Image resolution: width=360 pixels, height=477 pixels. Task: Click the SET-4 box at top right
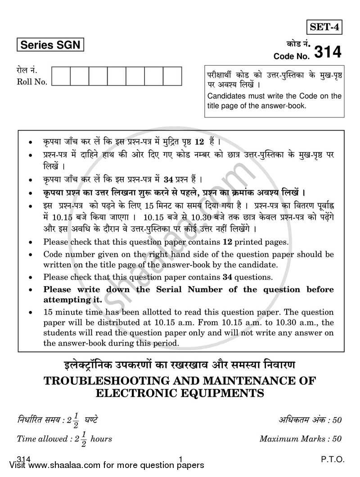pos(324,27)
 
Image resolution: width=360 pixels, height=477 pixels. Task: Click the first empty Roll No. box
pos(61,76)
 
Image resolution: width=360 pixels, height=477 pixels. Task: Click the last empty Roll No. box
pos(172,76)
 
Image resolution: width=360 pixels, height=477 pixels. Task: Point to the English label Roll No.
pos(32,82)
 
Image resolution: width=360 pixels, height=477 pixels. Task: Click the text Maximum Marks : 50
pos(300,438)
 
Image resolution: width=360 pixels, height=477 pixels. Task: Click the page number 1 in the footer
pos(180,459)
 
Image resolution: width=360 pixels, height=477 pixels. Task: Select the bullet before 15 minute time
pos(30,312)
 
